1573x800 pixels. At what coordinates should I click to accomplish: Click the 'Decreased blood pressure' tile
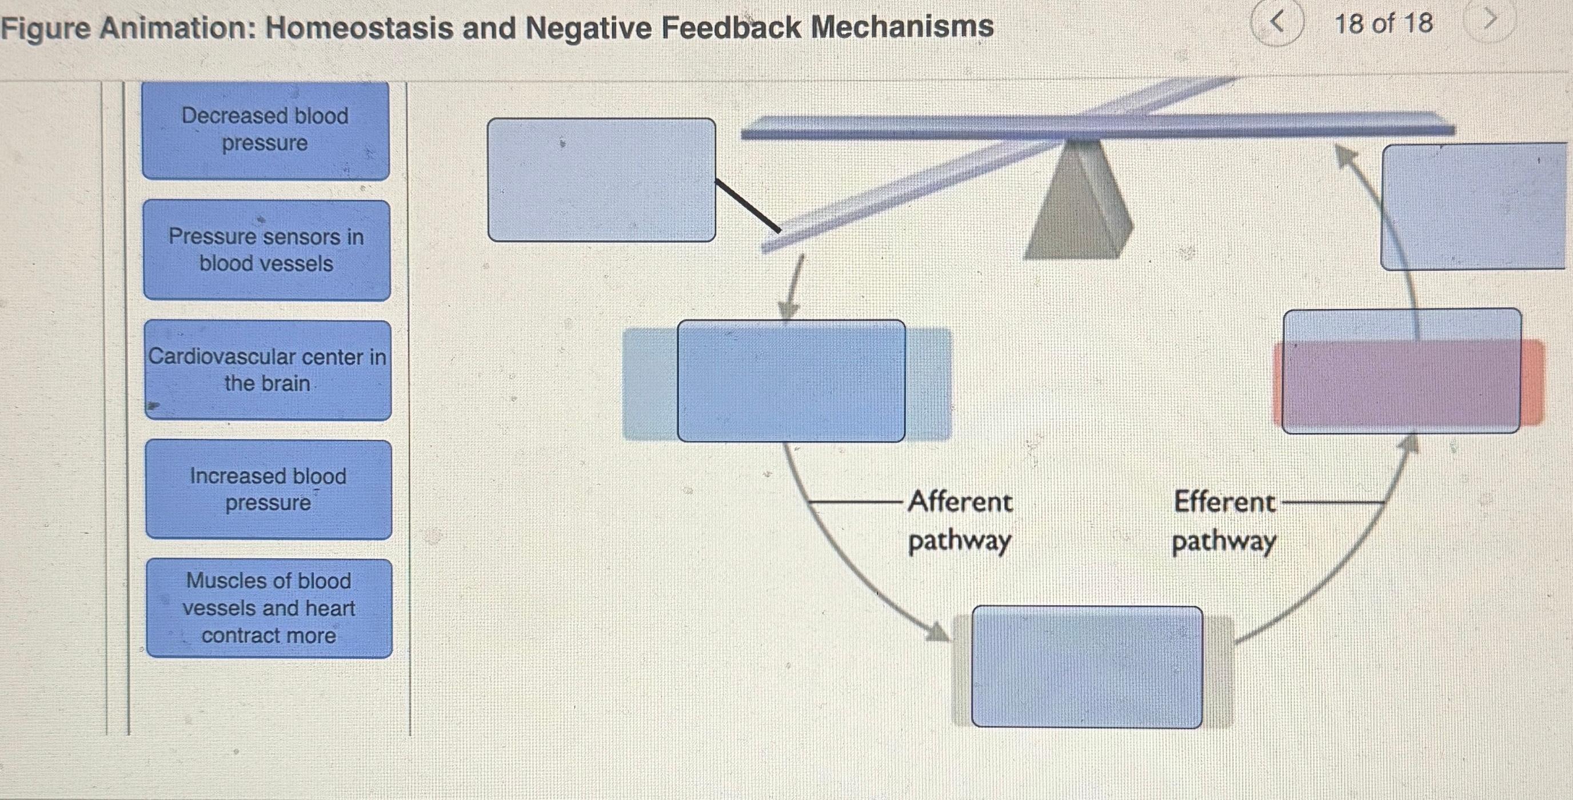pyautogui.click(x=266, y=130)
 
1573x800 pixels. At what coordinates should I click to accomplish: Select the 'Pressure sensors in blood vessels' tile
pyautogui.click(x=267, y=250)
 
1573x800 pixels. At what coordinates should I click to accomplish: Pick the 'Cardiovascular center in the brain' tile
pyautogui.click(x=268, y=370)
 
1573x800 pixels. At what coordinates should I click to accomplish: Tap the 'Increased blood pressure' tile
pyautogui.click(x=269, y=489)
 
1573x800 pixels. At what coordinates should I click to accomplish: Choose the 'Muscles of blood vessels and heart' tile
pyautogui.click(x=269, y=608)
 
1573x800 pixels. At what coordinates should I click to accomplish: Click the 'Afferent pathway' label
pyautogui.click(x=959, y=521)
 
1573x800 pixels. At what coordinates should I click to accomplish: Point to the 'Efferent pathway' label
pyautogui.click(x=1224, y=521)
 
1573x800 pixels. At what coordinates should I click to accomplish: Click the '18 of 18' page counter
pyautogui.click(x=1383, y=24)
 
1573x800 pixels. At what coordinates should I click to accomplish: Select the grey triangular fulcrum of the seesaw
pyautogui.click(x=1079, y=202)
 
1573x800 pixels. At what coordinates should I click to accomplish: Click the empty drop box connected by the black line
pyautogui.click(x=601, y=179)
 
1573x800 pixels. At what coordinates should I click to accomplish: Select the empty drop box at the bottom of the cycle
pyautogui.click(x=1087, y=666)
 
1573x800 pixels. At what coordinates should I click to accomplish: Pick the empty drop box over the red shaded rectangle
pyautogui.click(x=1402, y=371)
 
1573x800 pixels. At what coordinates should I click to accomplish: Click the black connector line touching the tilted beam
pyautogui.click(x=748, y=205)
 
